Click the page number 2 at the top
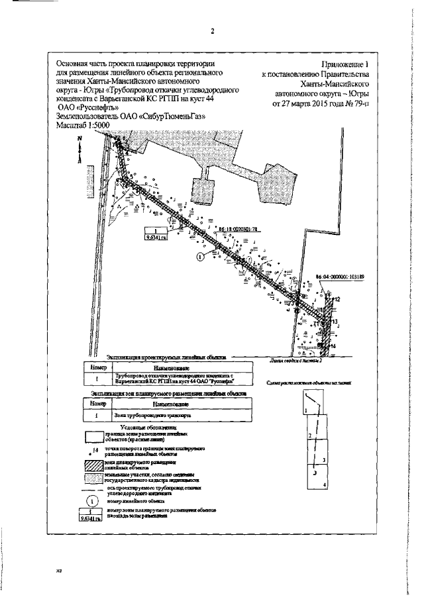[x=213, y=31]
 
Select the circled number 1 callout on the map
[x=200, y=255]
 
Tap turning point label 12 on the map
[x=337, y=300]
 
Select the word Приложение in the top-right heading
[x=339, y=64]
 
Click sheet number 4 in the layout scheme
[x=323, y=486]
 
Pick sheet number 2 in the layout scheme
[x=309, y=435]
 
